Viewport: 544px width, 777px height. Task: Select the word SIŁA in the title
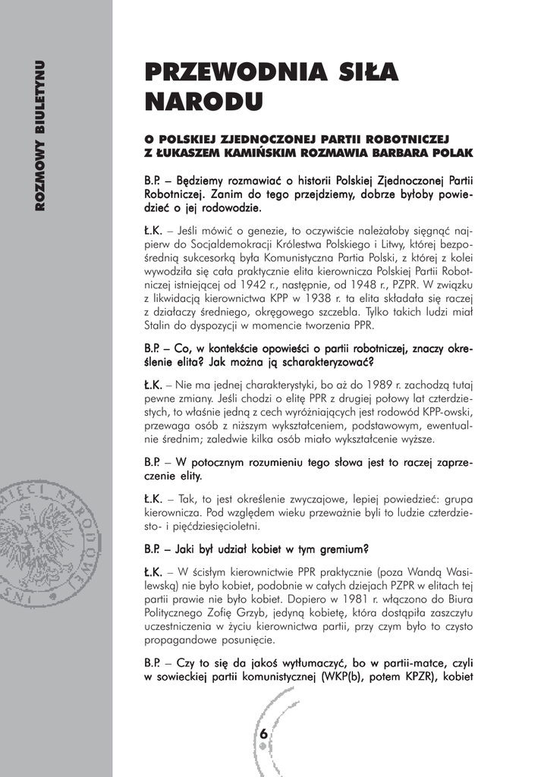click(x=362, y=73)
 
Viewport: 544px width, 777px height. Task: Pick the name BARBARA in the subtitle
click(x=408, y=153)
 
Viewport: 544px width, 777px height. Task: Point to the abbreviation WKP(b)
click(x=352, y=678)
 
